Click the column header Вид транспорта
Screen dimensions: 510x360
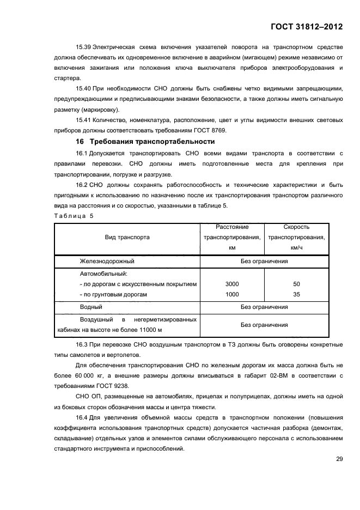click(x=127, y=237)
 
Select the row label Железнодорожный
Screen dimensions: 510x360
click(x=107, y=261)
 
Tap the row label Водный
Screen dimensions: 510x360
click(x=91, y=307)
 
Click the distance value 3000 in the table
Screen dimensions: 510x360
click(x=232, y=284)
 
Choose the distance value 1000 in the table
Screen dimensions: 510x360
click(x=232, y=294)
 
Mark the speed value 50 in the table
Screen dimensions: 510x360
click(x=296, y=284)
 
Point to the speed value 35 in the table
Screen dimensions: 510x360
click(x=296, y=294)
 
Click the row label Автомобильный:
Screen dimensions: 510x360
click(x=103, y=274)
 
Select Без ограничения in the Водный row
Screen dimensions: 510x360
click(x=264, y=307)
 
